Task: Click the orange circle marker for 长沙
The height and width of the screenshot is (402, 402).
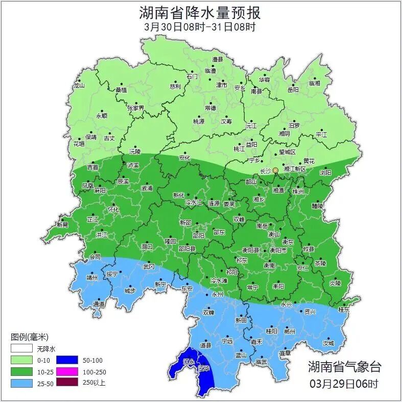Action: pos(275,170)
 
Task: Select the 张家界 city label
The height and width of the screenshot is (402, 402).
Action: pos(136,108)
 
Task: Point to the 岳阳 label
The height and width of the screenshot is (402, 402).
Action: pos(293,90)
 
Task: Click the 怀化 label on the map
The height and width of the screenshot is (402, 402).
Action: pos(113,209)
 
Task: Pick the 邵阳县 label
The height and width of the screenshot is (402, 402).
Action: pos(186,249)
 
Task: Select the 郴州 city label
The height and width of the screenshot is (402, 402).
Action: pos(290,331)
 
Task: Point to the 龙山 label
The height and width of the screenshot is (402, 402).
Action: pos(78,86)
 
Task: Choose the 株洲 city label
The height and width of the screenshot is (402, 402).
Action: pos(298,192)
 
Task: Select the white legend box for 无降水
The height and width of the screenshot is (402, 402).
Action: pos(22,349)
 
